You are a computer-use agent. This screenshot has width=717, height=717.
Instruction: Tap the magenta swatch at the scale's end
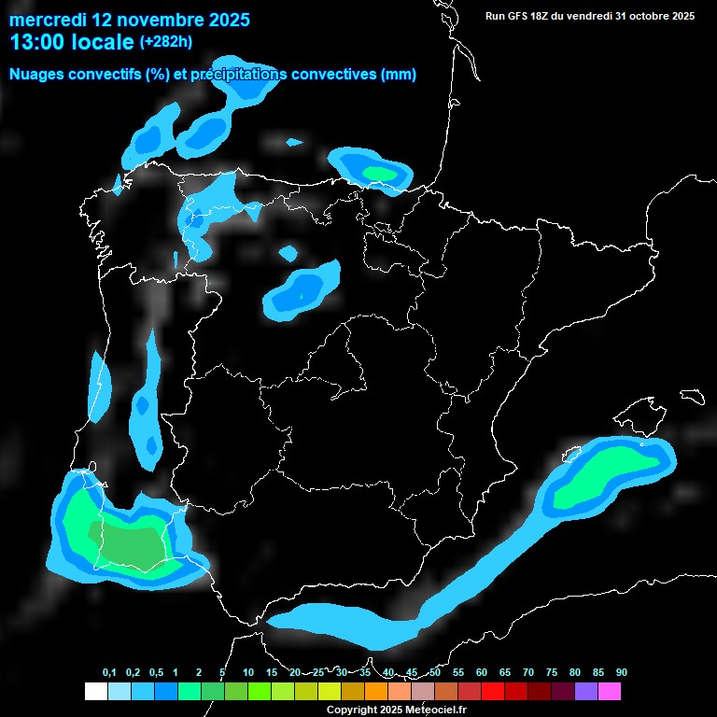coord(610,691)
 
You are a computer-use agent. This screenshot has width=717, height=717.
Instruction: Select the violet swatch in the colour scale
coord(586,691)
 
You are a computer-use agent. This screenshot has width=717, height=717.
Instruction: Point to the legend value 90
coord(621,672)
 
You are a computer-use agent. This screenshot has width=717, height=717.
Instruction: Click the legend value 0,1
coord(109,672)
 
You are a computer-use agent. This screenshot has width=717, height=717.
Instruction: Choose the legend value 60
coord(482,672)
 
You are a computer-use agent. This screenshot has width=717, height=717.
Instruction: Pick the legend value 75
coord(552,672)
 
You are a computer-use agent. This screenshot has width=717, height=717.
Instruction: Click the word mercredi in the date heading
coord(45,20)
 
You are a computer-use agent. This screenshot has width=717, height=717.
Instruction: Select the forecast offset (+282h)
coord(166,42)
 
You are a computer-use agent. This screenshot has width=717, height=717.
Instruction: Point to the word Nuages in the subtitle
coord(36,75)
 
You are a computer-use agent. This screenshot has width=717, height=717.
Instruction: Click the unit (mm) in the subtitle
coord(399,75)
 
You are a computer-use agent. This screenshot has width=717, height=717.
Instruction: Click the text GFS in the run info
coord(524,16)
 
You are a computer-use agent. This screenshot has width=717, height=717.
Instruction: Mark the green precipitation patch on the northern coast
coord(379,173)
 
